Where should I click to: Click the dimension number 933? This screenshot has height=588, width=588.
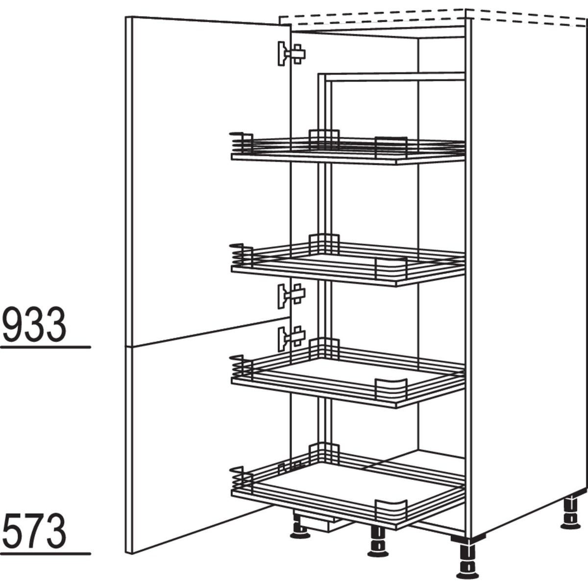(x=34, y=324)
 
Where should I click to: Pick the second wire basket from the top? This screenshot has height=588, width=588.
(x=348, y=265)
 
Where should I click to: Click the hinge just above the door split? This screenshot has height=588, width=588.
(x=291, y=295)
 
